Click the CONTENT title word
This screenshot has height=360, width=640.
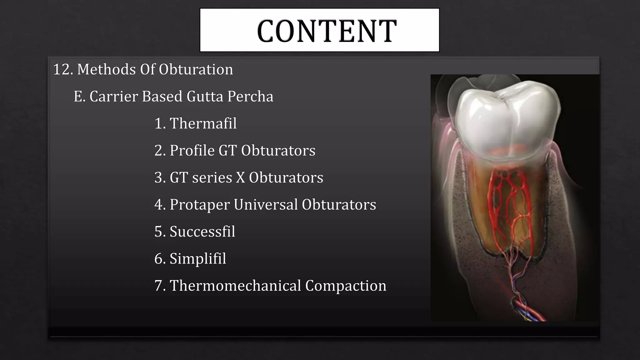click(x=327, y=31)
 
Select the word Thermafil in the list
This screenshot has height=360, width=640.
click(x=203, y=123)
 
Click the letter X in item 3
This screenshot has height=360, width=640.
click(x=240, y=177)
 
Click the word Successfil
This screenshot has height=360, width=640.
click(x=202, y=232)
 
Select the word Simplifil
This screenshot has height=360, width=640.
click(x=198, y=259)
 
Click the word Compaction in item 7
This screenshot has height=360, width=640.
click(x=346, y=286)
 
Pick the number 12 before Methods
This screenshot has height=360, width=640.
click(x=62, y=69)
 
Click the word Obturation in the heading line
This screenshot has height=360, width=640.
click(x=196, y=69)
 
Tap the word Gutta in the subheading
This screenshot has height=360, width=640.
click(x=205, y=97)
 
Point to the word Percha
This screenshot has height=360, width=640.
click(x=250, y=97)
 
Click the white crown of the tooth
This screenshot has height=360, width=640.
click(x=506, y=119)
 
